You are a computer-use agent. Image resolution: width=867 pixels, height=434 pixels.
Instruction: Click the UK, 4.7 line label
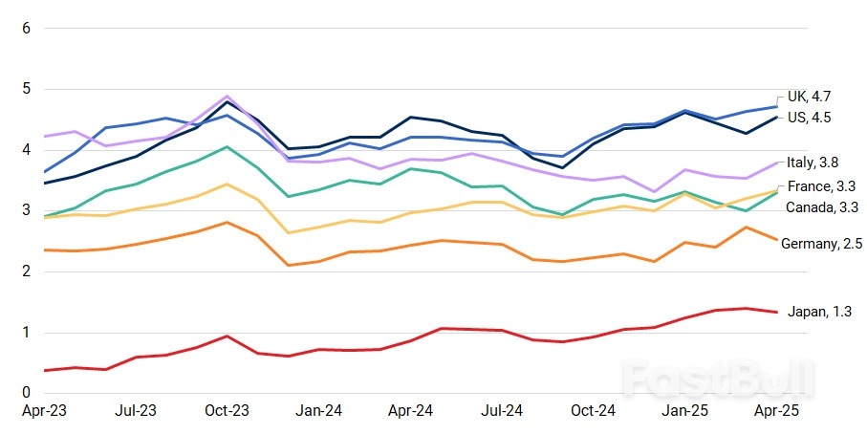click(810, 96)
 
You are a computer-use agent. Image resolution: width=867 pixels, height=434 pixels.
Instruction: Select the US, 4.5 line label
click(810, 118)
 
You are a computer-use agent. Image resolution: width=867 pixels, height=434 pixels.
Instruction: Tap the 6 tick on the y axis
click(26, 28)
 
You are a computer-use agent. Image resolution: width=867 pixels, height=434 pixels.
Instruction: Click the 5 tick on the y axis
click(26, 89)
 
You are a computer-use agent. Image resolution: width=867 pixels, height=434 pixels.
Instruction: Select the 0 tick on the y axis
click(26, 394)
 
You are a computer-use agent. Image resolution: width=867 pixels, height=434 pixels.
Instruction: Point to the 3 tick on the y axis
click(26, 211)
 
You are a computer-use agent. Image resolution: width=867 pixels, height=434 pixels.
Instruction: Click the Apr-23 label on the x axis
click(43, 411)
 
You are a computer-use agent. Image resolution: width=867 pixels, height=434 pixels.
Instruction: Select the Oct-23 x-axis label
click(227, 411)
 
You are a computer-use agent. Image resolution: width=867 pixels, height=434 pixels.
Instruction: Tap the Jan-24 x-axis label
click(318, 411)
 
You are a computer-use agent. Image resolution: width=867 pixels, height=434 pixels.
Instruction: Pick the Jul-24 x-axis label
click(502, 411)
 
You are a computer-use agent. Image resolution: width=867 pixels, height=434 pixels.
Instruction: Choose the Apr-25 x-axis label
click(776, 411)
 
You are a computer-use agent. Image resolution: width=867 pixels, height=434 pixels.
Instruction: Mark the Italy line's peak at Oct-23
click(227, 96)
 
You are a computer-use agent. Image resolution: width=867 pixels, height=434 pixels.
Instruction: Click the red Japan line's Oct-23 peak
click(227, 336)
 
